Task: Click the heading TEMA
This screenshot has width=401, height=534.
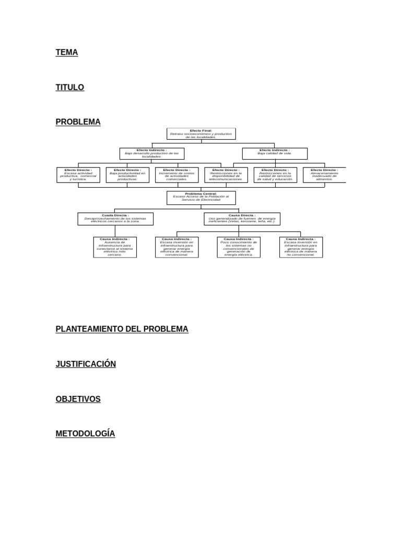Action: [67, 53]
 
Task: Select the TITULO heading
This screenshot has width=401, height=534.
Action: [70, 88]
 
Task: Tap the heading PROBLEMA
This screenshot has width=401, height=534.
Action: [78, 122]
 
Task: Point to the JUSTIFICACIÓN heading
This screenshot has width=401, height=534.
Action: [86, 364]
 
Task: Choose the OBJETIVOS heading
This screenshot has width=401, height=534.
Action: [78, 399]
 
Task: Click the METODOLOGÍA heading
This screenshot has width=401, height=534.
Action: [86, 434]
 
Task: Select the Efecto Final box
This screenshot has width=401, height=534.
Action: [201, 134]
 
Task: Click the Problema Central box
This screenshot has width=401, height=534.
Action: [201, 198]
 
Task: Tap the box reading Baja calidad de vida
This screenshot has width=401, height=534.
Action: [275, 153]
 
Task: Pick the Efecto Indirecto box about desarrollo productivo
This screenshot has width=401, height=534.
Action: [151, 153]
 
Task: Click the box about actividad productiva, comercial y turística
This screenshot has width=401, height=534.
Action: [78, 175]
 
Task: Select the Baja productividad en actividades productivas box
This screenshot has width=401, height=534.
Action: [127, 175]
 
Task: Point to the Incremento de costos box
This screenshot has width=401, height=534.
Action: [176, 175]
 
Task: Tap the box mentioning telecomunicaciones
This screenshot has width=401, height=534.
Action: [226, 175]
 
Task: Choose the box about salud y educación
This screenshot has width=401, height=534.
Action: [275, 175]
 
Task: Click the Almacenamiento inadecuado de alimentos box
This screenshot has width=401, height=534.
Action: [324, 175]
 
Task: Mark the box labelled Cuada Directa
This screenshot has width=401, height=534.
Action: [115, 219]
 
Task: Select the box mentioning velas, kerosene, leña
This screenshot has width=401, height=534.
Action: [242, 219]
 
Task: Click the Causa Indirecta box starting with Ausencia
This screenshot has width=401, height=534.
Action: [115, 247]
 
